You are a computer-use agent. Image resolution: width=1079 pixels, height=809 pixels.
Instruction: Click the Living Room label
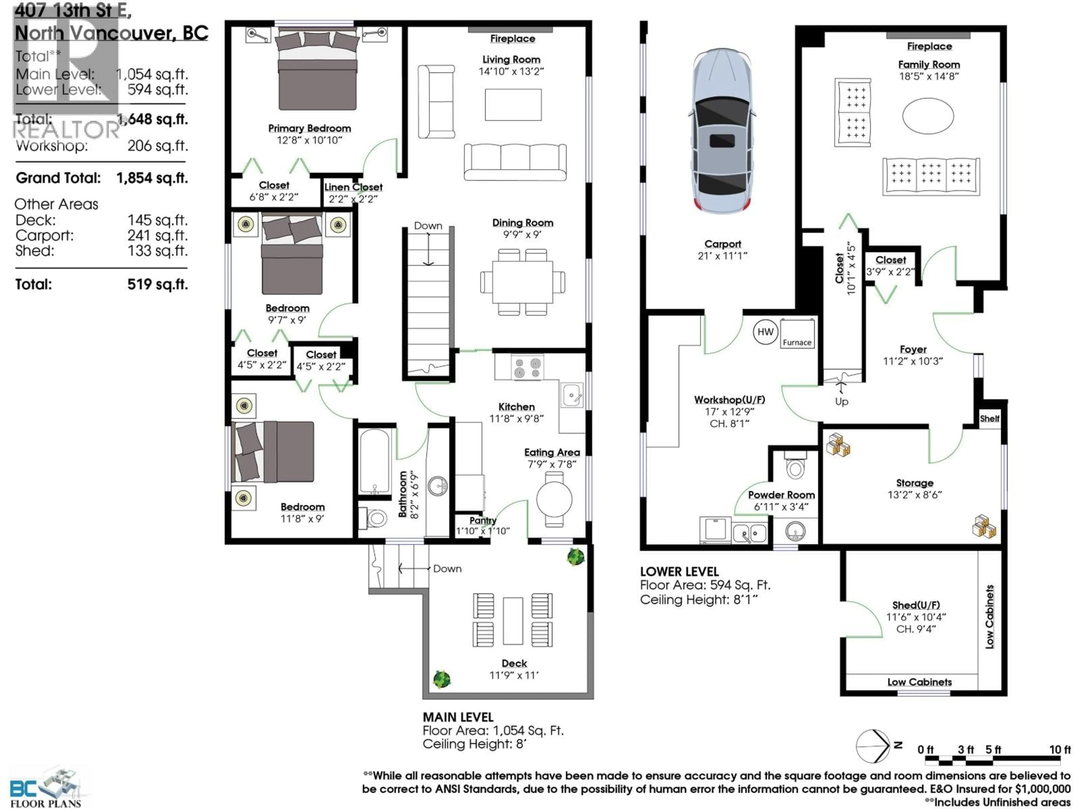tap(511, 60)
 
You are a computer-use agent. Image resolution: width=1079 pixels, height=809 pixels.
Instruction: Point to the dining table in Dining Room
tap(522, 282)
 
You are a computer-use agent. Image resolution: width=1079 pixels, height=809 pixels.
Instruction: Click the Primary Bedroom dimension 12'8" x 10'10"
tap(309, 140)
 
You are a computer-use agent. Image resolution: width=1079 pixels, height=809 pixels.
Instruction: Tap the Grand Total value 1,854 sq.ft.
tap(152, 178)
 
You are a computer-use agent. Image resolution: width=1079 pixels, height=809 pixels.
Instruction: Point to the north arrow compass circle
tap(873, 746)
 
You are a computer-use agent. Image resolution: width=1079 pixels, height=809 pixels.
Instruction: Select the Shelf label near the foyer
tap(989, 418)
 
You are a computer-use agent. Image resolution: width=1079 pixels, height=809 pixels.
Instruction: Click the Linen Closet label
tap(353, 187)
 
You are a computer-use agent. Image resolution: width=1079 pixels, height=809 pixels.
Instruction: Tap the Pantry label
tap(482, 520)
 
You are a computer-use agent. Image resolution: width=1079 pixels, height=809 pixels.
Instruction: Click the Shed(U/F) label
tap(915, 605)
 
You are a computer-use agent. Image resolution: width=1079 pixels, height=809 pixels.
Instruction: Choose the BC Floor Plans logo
tap(46, 788)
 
